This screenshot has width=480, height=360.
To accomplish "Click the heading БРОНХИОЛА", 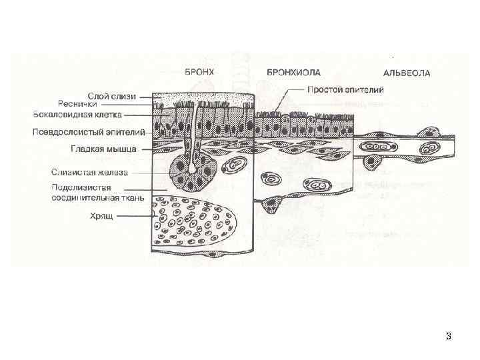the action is tap(293, 71).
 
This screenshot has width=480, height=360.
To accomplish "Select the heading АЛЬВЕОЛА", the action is tap(407, 72).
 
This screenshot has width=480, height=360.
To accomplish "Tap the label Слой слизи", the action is tap(111, 96).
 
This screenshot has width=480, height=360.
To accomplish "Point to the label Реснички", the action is tap(77, 104).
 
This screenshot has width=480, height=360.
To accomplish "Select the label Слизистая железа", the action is tap(99, 171).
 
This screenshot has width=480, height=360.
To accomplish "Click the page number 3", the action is tap(448, 336).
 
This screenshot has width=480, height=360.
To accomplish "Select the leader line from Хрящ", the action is tap(137, 215).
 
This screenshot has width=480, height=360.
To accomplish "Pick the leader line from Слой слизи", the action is tap(145, 96).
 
